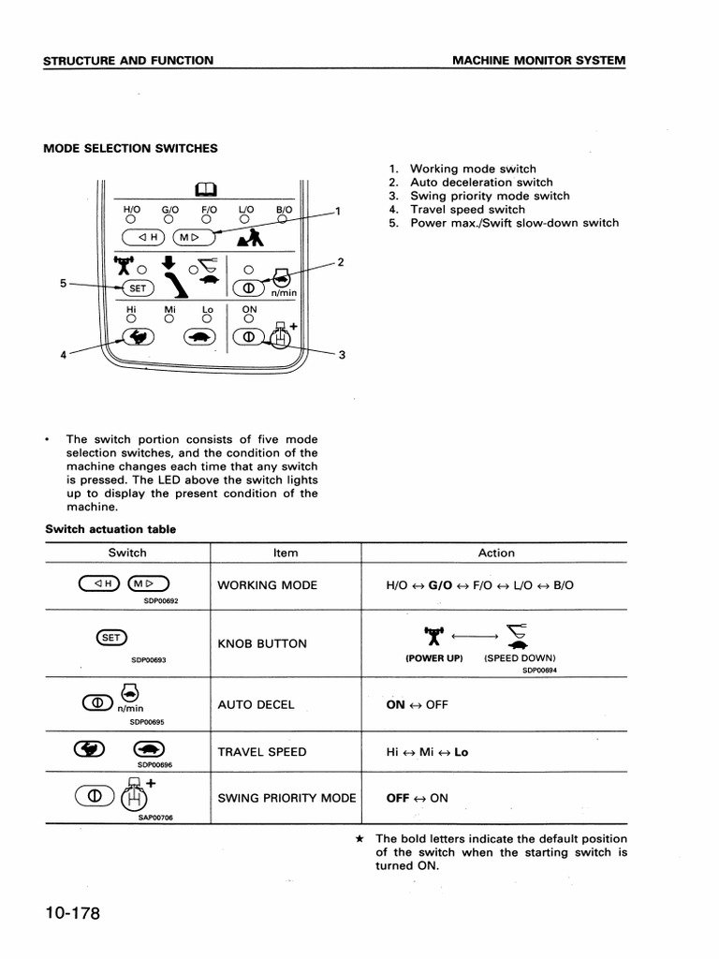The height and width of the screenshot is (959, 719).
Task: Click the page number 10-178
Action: [x=70, y=914]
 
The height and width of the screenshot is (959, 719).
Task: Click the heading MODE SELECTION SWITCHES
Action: [x=131, y=148]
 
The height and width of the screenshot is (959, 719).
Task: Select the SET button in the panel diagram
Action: [x=137, y=288]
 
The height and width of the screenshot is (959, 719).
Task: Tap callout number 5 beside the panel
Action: [x=63, y=283]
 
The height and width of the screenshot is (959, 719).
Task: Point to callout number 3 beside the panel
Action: [x=342, y=355]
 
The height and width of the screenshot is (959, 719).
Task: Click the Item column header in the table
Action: [x=286, y=553]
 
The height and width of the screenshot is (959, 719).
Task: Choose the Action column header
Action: [x=496, y=553]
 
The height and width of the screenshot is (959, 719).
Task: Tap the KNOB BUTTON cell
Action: [x=262, y=644]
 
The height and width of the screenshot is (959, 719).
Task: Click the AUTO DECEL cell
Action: [x=256, y=705]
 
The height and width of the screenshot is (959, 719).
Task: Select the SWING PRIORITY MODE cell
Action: [x=286, y=798]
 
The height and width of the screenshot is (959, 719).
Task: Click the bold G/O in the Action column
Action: [x=439, y=585]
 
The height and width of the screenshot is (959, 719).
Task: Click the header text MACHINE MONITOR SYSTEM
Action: [x=539, y=61]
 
